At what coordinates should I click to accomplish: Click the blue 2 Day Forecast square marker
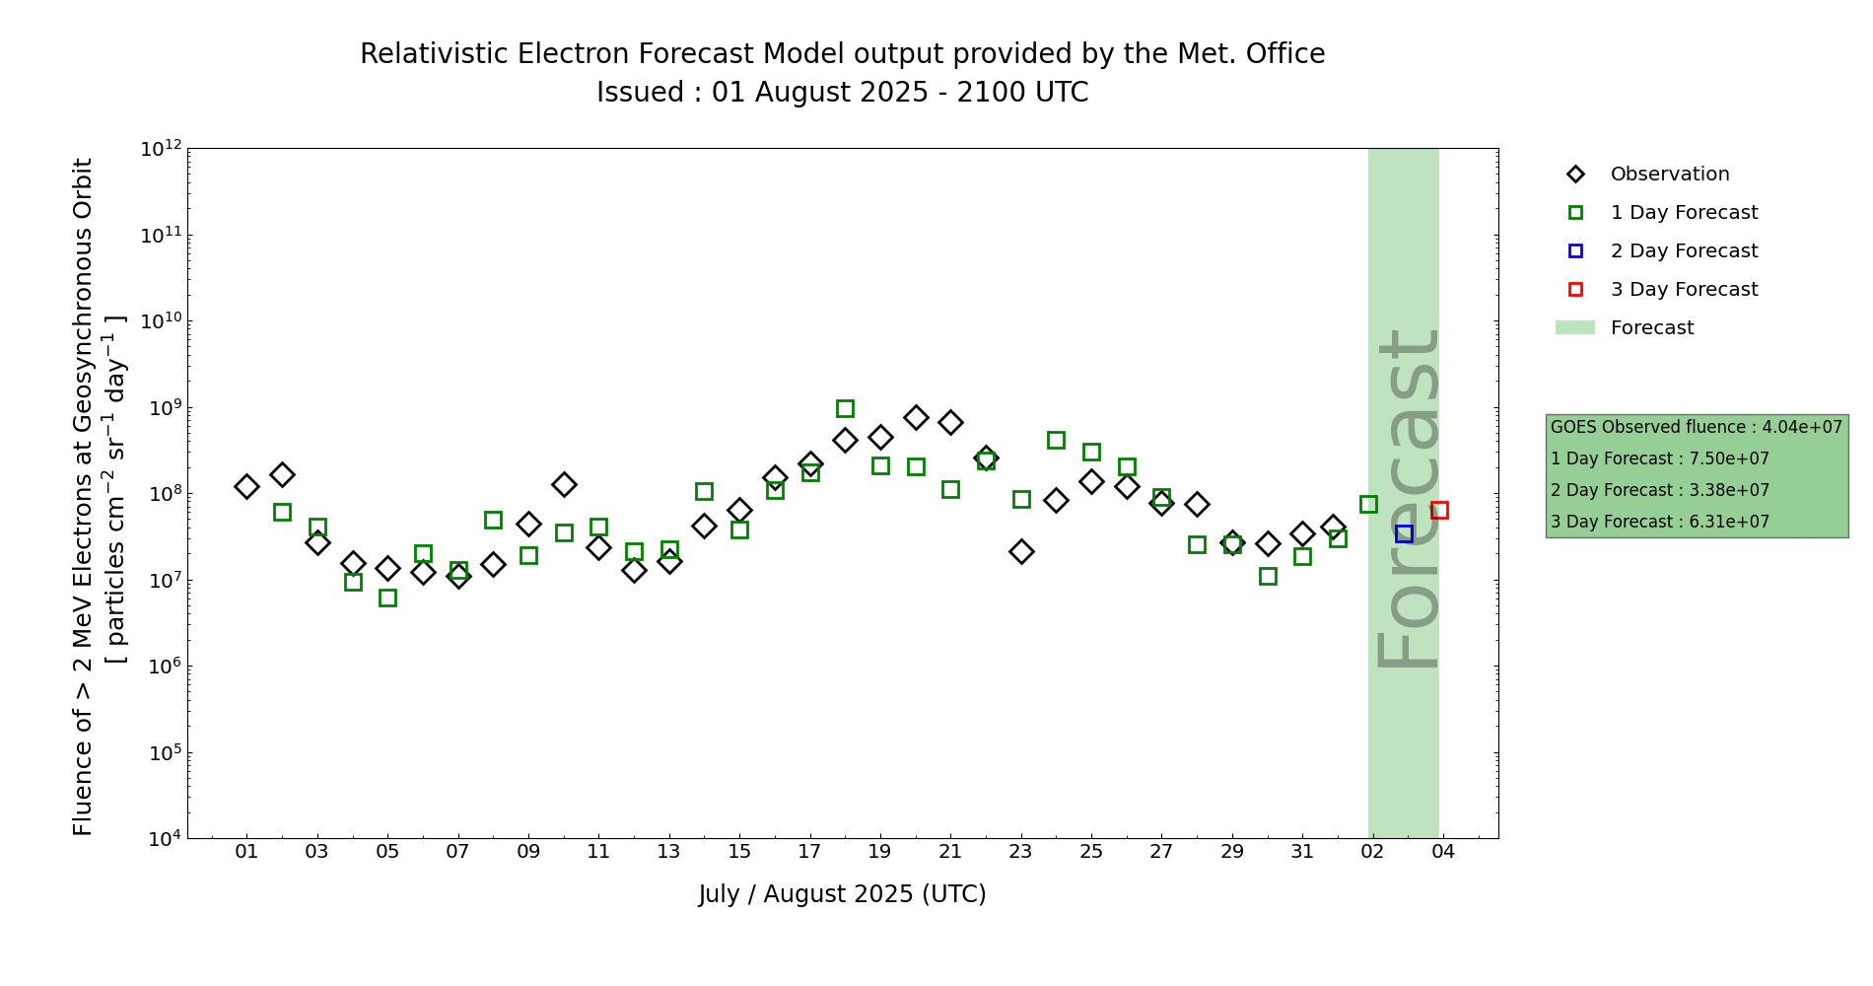(1404, 533)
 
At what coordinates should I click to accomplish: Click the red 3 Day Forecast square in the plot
(1439, 510)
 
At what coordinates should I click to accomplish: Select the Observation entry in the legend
(1669, 175)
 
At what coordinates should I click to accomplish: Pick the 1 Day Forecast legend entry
(1684, 213)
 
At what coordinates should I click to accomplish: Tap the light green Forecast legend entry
(1651, 328)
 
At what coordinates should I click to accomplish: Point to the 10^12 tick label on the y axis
(161, 149)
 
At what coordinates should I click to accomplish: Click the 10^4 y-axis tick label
(161, 839)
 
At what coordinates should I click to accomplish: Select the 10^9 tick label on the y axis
(161, 408)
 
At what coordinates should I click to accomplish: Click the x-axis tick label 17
(809, 852)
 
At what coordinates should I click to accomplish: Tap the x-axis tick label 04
(1443, 852)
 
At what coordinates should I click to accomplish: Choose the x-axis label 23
(1020, 852)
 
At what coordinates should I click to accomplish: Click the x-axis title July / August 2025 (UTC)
(842, 894)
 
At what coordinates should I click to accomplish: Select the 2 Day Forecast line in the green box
(1659, 491)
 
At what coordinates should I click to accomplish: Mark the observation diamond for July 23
(1021, 551)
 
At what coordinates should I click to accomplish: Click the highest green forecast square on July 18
(845, 408)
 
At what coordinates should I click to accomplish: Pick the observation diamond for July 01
(246, 486)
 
